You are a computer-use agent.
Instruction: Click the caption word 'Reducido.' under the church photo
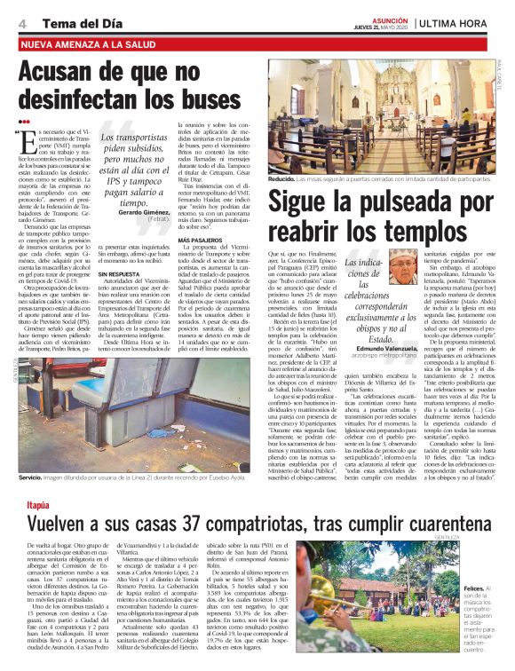click(287, 178)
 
